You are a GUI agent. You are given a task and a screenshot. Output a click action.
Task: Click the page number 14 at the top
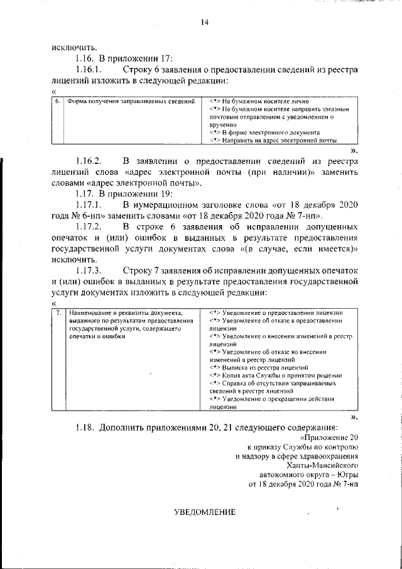[x=204, y=23]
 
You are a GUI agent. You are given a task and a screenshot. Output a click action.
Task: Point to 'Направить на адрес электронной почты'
[x=273, y=141]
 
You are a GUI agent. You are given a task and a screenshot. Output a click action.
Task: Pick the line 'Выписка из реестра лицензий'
[x=263, y=367]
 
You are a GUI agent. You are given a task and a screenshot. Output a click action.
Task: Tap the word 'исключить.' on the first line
[x=74, y=47]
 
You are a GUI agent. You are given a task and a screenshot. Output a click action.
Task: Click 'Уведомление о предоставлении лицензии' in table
[x=276, y=312]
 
